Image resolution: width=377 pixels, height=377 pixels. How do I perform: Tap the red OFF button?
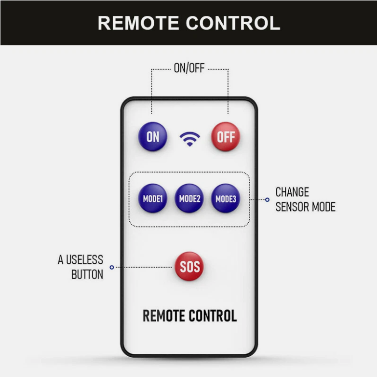pyautogui.click(x=226, y=136)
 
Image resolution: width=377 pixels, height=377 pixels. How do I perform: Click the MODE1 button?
pyautogui.click(x=153, y=198)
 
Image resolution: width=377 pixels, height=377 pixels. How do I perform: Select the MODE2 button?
pyautogui.click(x=189, y=198)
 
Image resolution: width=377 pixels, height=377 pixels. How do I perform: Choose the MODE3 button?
pyautogui.click(x=226, y=198)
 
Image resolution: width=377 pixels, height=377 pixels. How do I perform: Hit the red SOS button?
pyautogui.click(x=189, y=267)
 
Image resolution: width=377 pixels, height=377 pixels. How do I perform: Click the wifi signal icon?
pyautogui.click(x=189, y=139)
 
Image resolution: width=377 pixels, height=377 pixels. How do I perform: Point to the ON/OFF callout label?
pyautogui.click(x=189, y=68)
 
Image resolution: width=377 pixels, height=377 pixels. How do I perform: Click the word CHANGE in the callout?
pyautogui.click(x=292, y=192)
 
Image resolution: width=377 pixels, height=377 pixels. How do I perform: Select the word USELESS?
pyautogui.click(x=85, y=260)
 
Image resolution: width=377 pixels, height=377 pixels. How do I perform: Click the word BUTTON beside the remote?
pyautogui.click(x=87, y=275)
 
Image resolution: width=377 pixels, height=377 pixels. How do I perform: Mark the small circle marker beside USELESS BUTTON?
pyautogui.click(x=112, y=268)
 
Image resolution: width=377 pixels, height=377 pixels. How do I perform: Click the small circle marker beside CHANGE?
pyautogui.click(x=267, y=200)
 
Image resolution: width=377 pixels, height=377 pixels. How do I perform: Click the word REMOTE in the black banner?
pyautogui.click(x=138, y=23)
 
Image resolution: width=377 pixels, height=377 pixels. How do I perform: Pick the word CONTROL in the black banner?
pyautogui.click(x=233, y=23)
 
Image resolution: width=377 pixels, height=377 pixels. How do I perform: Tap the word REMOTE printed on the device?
pyautogui.click(x=163, y=316)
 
